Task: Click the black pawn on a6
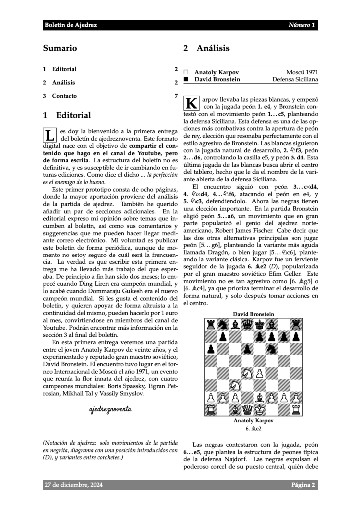click(211, 349)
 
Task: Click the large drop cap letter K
click(192, 103)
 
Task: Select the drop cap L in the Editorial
click(50, 135)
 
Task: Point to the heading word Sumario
click(60, 48)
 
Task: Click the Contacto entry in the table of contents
click(64, 96)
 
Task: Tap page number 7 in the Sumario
click(176, 96)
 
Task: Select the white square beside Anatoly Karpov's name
click(187, 72)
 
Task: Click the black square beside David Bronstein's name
click(187, 79)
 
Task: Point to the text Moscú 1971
click(302, 72)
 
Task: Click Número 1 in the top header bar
click(301, 25)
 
